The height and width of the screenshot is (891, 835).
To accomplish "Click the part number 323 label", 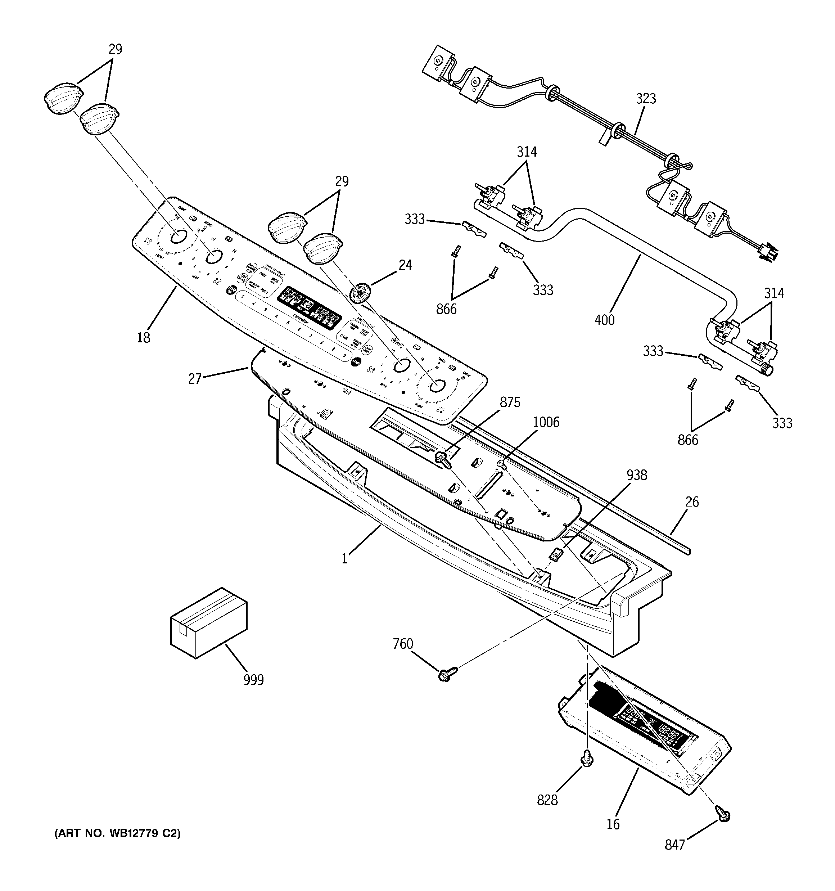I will [x=645, y=99].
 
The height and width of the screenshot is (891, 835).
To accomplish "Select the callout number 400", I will [x=605, y=320].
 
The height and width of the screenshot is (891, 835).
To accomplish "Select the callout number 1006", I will [x=546, y=422].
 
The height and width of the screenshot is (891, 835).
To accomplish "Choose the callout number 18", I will [x=143, y=337].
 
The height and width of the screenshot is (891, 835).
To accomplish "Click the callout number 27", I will [x=195, y=379].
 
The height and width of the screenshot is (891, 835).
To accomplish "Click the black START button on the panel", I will [x=356, y=362].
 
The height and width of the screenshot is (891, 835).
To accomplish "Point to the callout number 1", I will [x=344, y=559].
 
